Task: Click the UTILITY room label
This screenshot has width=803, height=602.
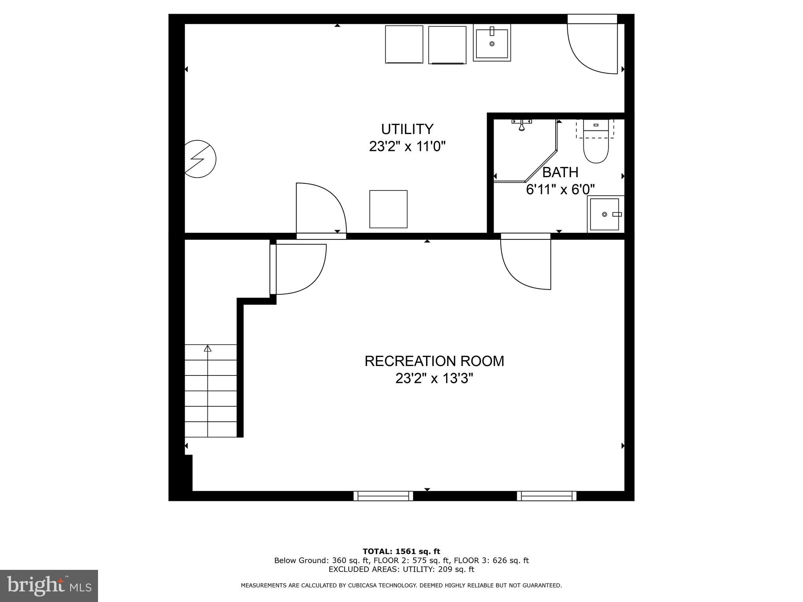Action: (407, 129)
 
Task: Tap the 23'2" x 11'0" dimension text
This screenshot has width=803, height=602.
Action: (407, 147)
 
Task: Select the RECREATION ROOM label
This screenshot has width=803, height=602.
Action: (434, 361)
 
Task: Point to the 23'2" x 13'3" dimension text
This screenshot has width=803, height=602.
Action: (434, 379)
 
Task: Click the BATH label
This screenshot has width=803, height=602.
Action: (560, 172)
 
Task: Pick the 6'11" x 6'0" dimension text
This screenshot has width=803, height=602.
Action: (560, 190)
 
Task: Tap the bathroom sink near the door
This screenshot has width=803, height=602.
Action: (605, 214)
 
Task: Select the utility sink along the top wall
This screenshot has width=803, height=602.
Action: (492, 43)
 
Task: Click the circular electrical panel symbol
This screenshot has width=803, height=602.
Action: (200, 159)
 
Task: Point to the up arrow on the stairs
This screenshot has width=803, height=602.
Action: (207, 348)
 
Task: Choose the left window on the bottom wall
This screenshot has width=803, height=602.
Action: (383, 496)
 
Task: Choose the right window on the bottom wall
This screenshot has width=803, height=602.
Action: (546, 496)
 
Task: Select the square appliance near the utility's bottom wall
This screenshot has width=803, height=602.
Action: (388, 209)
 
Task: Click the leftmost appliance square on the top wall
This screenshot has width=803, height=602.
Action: (404, 44)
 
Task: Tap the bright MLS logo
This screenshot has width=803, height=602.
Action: (49, 586)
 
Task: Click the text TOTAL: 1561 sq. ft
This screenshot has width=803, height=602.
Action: (401, 551)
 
